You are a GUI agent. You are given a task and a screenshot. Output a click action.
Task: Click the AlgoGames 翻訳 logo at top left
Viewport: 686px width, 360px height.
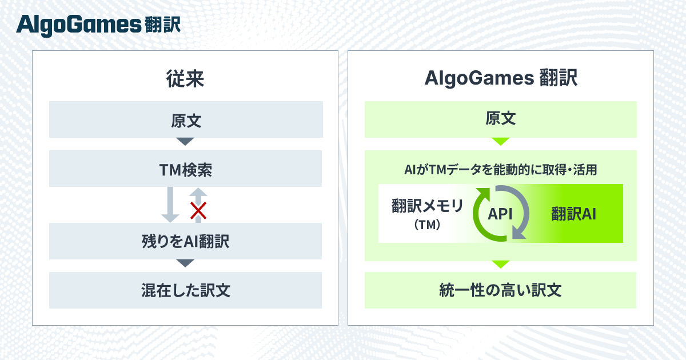(98, 25)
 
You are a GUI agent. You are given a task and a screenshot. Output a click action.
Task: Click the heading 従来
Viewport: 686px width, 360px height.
(185, 79)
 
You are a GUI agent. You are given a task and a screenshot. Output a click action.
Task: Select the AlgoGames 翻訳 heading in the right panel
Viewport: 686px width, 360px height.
(500, 79)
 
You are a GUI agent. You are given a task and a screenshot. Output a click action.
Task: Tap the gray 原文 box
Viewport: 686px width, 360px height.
(185, 119)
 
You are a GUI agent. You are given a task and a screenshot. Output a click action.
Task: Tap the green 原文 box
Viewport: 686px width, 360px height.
(500, 119)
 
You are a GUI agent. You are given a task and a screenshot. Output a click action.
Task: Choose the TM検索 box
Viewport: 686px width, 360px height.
(185, 169)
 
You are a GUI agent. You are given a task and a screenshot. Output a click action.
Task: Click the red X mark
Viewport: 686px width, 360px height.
(198, 211)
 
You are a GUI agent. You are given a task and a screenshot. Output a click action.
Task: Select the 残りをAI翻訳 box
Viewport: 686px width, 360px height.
(185, 241)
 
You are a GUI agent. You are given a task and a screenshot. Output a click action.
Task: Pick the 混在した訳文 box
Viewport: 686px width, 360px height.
(185, 290)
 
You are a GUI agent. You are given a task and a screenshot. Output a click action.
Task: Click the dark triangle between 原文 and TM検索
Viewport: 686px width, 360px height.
(185, 141)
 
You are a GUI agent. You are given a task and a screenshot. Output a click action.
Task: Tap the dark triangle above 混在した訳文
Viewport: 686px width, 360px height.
(185, 263)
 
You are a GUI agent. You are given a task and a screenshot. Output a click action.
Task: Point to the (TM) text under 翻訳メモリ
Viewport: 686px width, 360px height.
(426, 225)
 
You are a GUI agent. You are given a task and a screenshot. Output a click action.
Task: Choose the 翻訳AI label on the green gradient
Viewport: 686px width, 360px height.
(574, 213)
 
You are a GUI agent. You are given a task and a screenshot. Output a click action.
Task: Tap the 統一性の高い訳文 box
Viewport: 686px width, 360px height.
(500, 290)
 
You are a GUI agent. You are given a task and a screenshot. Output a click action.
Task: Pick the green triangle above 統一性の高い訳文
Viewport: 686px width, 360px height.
(500, 264)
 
